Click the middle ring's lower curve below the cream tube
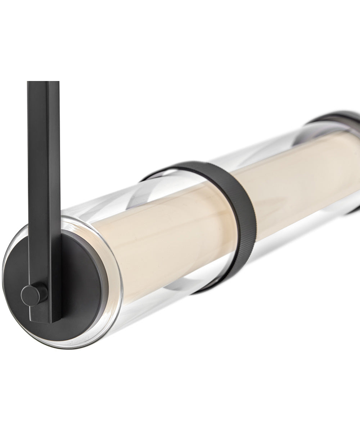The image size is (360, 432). click(x=216, y=284)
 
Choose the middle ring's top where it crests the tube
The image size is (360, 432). click(x=194, y=164)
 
